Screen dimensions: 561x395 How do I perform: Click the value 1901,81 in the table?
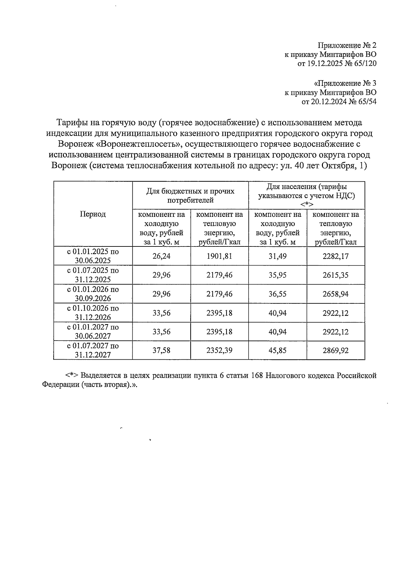(219, 256)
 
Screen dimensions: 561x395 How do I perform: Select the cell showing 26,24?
(161, 256)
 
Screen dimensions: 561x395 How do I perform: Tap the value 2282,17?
(335, 256)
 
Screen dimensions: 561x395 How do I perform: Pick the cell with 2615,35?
(335, 275)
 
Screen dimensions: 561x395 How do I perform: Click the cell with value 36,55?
(277, 294)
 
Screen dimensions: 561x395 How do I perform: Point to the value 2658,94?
(335, 294)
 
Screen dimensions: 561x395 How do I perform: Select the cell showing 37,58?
(161, 350)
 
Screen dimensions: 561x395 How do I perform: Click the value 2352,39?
(219, 350)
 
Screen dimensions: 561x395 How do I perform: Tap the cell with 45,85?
(277, 350)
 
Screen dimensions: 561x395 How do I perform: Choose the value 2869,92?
(335, 350)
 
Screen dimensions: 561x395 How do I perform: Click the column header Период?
(93, 214)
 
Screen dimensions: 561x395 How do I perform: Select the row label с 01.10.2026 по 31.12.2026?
(93, 313)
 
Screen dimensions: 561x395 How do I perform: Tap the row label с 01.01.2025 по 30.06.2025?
(93, 256)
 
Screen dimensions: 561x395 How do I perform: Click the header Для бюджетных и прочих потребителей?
(190, 195)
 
